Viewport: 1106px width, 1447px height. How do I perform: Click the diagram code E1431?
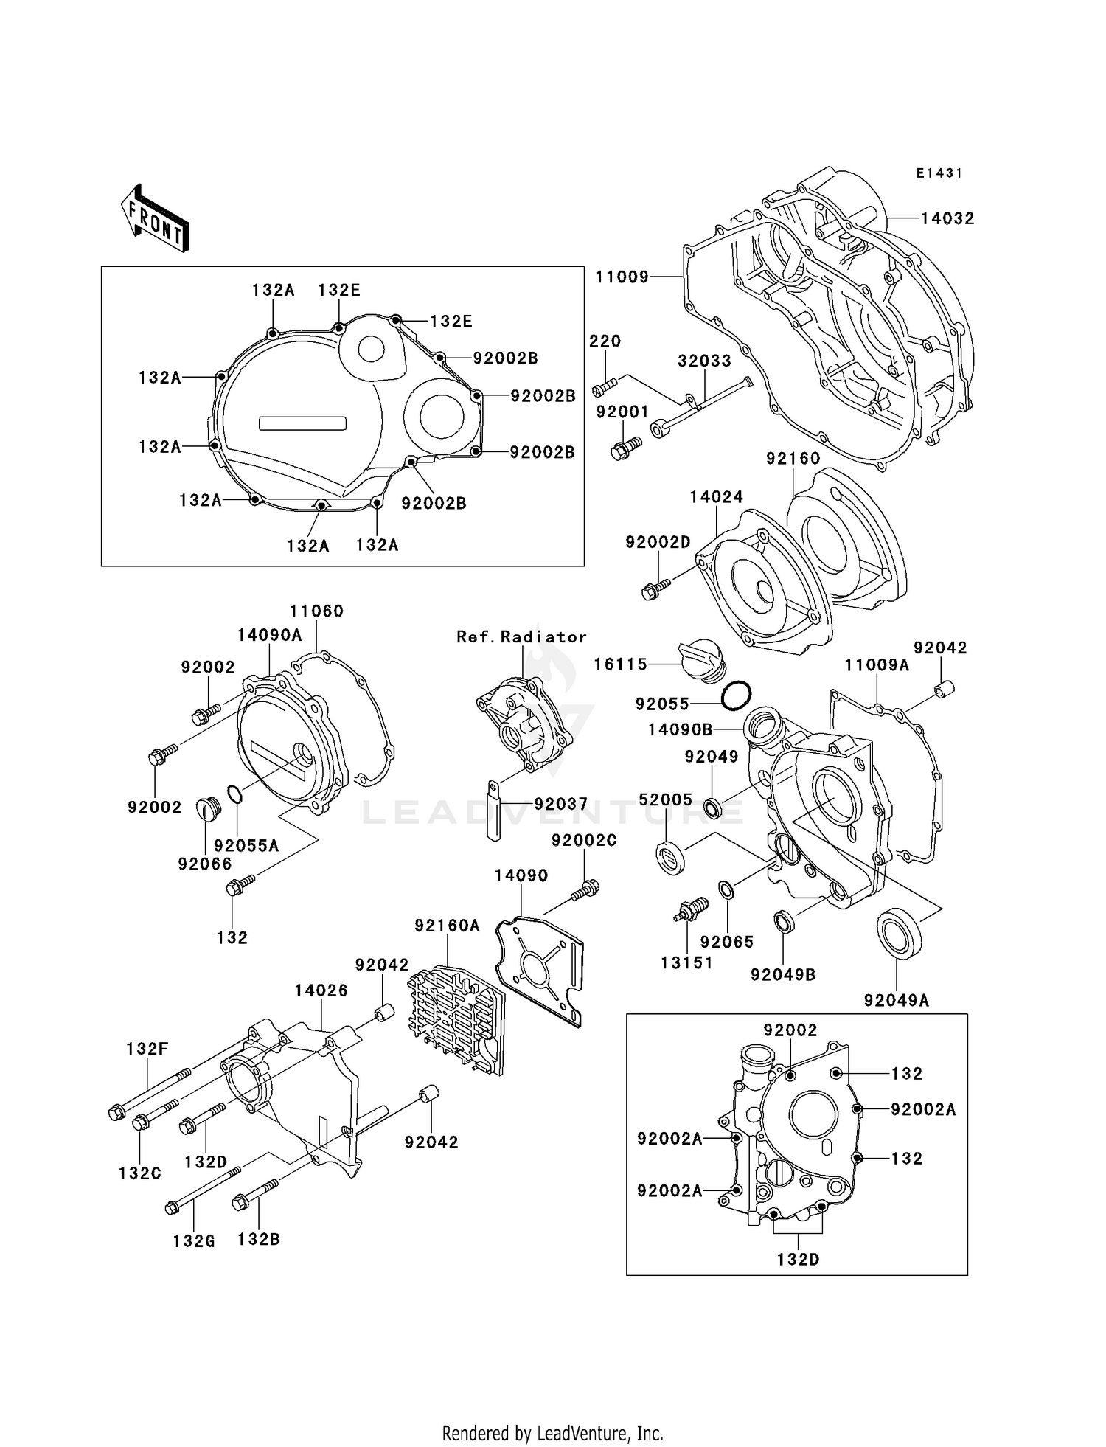coord(939,173)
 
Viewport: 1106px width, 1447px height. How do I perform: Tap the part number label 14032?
coord(947,218)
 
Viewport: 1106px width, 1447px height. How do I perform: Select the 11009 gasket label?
coord(622,277)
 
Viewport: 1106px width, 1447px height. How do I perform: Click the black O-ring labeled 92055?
coord(736,696)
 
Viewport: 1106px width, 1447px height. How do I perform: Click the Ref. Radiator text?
coord(521,636)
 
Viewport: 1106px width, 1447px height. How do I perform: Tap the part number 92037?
coord(560,804)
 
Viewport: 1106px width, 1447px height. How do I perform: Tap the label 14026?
coord(321,990)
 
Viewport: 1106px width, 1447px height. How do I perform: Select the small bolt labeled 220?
coord(604,385)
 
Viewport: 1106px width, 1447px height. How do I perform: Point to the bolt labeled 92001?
coord(626,447)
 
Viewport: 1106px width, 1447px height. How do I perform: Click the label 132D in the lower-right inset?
coord(798,1259)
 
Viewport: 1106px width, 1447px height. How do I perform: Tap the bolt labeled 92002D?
coord(655,589)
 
